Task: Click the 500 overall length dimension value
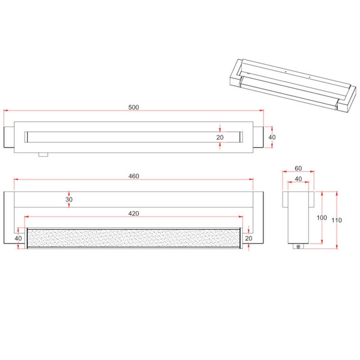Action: (x=133, y=107)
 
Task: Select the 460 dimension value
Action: (x=133, y=176)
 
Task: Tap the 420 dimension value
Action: (x=133, y=212)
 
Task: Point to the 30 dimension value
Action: (x=69, y=200)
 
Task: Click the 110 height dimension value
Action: (x=337, y=220)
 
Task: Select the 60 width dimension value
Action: (x=299, y=169)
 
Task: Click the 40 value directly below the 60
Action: (x=299, y=179)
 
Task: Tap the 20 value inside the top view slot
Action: (x=220, y=137)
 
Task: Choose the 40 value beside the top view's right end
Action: (x=272, y=137)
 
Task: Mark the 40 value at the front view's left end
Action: (x=17, y=238)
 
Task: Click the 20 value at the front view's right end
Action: (x=248, y=238)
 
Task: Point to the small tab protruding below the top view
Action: (x=43, y=154)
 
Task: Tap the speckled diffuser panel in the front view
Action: (x=133, y=238)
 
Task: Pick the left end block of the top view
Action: (x=9, y=137)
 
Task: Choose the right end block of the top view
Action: (x=259, y=137)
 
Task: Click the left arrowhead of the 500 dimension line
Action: (x=7, y=111)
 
